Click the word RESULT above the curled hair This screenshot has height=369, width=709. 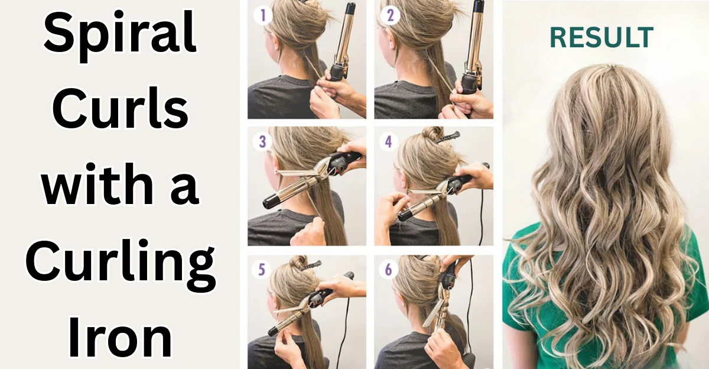point(601,37)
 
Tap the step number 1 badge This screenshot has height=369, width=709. point(262,15)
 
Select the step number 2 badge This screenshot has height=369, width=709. point(388,15)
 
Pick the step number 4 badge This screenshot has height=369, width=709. point(388,143)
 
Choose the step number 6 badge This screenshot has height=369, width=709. point(388,270)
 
